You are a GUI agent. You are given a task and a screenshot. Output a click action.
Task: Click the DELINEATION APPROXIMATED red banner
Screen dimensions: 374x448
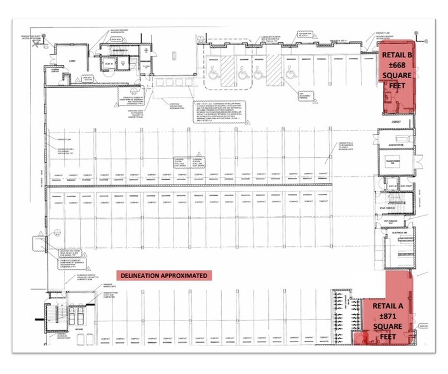(x=164, y=276)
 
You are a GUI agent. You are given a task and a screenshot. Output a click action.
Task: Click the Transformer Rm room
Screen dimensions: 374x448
(x=396, y=163)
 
